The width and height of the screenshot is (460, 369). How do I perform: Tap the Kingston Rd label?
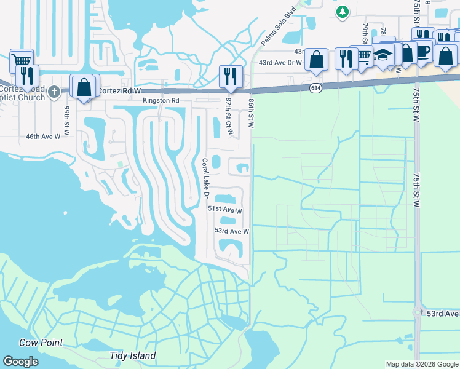coord(161,100)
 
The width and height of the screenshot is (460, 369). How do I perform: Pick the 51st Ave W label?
coord(224,210)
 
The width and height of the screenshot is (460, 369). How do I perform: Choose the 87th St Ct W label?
coord(229,116)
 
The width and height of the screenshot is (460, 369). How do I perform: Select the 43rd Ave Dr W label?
coord(280,62)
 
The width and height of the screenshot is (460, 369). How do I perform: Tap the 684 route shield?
coord(315,89)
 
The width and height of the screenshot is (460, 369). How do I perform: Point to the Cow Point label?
coord(41,343)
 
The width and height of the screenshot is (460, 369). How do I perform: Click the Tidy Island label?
coord(132,355)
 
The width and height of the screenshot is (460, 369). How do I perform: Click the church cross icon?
coord(54,92)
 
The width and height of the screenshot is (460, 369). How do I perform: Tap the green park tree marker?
coord(343,11)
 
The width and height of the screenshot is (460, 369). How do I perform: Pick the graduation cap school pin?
coord(384,55)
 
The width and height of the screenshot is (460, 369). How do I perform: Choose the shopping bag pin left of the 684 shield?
coord(316,59)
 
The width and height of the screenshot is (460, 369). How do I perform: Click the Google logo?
coord(20,362)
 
